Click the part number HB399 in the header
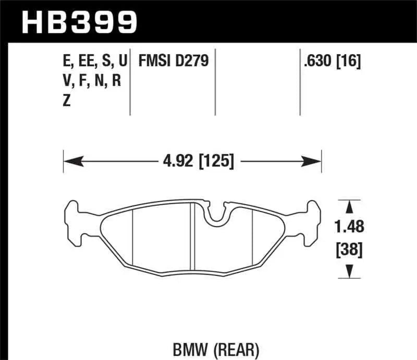pos(79,22)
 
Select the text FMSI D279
pos(173,61)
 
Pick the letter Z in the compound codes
pos(66,102)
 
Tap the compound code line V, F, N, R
pos(92,82)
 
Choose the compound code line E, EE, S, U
pos(94,61)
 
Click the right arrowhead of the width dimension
pos(315,160)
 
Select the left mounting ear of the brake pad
pos(75,221)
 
